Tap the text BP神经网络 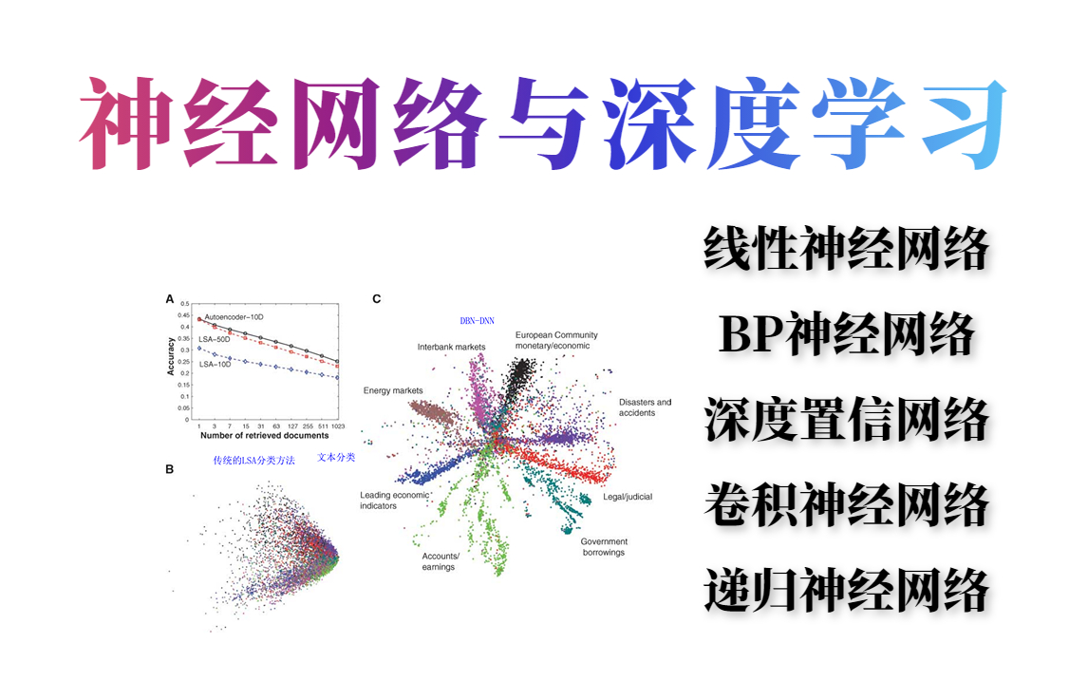click(846, 334)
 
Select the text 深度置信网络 click(846, 419)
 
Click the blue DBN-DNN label click(477, 321)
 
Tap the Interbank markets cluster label click(451, 347)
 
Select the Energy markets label click(393, 390)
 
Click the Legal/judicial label click(628, 497)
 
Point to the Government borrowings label click(604, 547)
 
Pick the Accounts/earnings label click(440, 561)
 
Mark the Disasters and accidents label click(645, 407)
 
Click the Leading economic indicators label click(394, 501)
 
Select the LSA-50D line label click(216, 338)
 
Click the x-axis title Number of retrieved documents click(264, 436)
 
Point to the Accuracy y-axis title click(172, 357)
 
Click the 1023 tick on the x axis click(337, 426)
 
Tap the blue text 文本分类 click(336, 458)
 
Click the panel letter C click(377, 299)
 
